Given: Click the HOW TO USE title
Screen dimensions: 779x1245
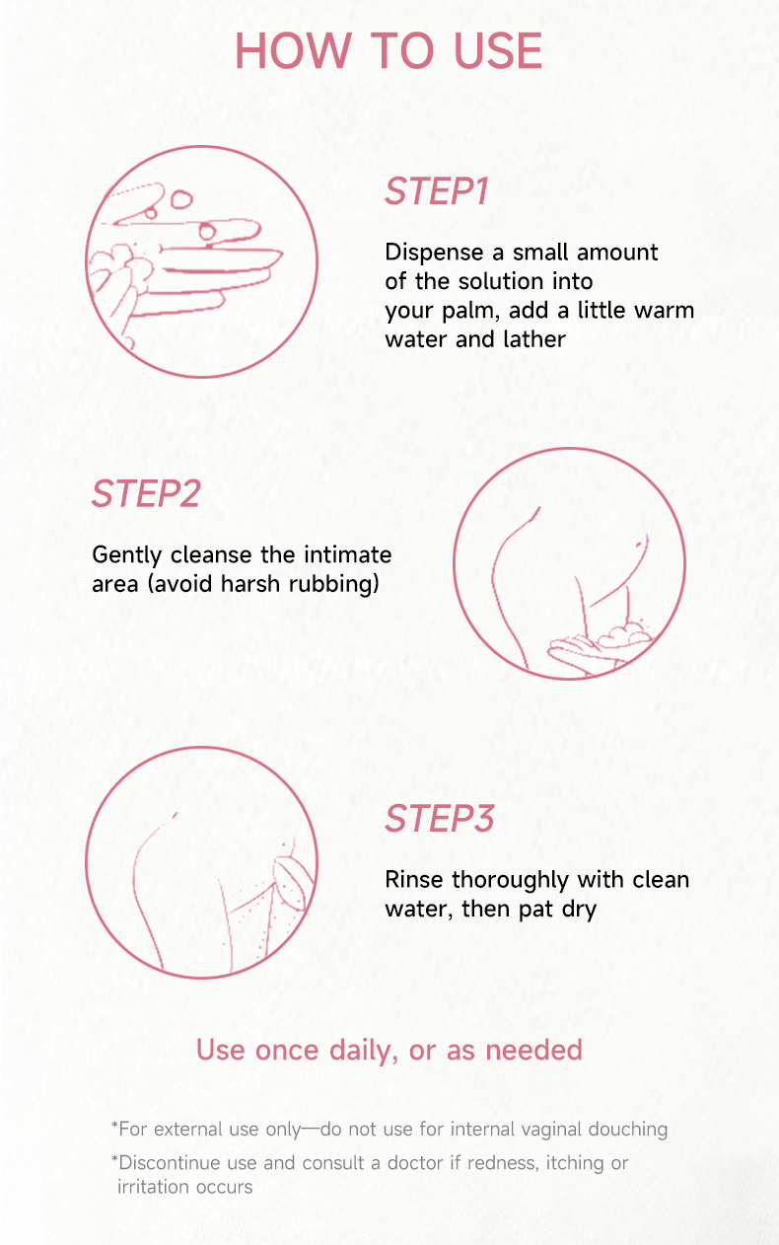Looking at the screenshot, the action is (389, 50).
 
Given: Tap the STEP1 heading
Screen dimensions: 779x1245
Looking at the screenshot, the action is (437, 191).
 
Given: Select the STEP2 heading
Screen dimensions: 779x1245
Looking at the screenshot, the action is (146, 493).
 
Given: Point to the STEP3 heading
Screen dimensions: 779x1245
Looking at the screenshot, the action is (440, 819).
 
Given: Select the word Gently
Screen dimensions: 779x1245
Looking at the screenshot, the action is (126, 555).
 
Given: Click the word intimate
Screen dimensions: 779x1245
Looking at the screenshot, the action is (348, 554).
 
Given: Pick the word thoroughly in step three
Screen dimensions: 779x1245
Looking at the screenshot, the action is (510, 881).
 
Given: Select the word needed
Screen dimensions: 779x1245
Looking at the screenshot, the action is (534, 1050).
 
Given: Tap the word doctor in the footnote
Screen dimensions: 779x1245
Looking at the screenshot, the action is (417, 1163).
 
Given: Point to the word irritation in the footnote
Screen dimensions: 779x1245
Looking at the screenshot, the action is (152, 1187).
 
